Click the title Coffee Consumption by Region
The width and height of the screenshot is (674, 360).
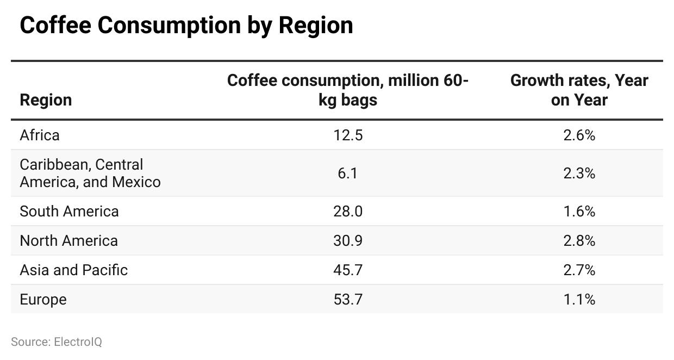pyautogui.click(x=186, y=26)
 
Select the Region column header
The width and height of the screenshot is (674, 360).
pyautogui.click(x=46, y=100)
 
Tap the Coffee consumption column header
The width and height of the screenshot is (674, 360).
pyautogui.click(x=348, y=90)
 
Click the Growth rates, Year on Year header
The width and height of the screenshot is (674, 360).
pyautogui.click(x=579, y=90)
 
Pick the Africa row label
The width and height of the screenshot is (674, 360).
pyautogui.click(x=40, y=135)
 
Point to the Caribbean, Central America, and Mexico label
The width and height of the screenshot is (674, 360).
pyautogui.click(x=90, y=173)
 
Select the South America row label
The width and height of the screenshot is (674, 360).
pyautogui.click(x=69, y=211)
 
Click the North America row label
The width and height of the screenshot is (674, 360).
pyautogui.click(x=68, y=240)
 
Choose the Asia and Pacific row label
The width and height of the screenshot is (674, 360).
pyautogui.click(x=73, y=270)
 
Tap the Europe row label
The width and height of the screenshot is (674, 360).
pyautogui.click(x=43, y=299)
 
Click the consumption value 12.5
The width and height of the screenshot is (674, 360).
pyautogui.click(x=348, y=135)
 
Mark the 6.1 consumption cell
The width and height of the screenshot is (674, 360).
pyautogui.click(x=348, y=173)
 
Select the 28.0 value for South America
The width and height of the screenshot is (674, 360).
pyautogui.click(x=348, y=211)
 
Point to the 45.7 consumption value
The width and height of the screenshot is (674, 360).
pyautogui.click(x=348, y=270)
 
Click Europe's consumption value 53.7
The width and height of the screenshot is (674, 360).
pyautogui.click(x=348, y=299)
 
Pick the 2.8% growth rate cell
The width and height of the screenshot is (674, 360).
pyautogui.click(x=579, y=240)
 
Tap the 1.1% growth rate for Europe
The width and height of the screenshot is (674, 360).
pyautogui.click(x=579, y=299)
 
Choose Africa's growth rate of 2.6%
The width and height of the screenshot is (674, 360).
pyautogui.click(x=579, y=135)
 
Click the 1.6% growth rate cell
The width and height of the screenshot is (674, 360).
pyautogui.click(x=579, y=211)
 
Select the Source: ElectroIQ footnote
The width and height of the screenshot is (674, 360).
pyautogui.click(x=57, y=342)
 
